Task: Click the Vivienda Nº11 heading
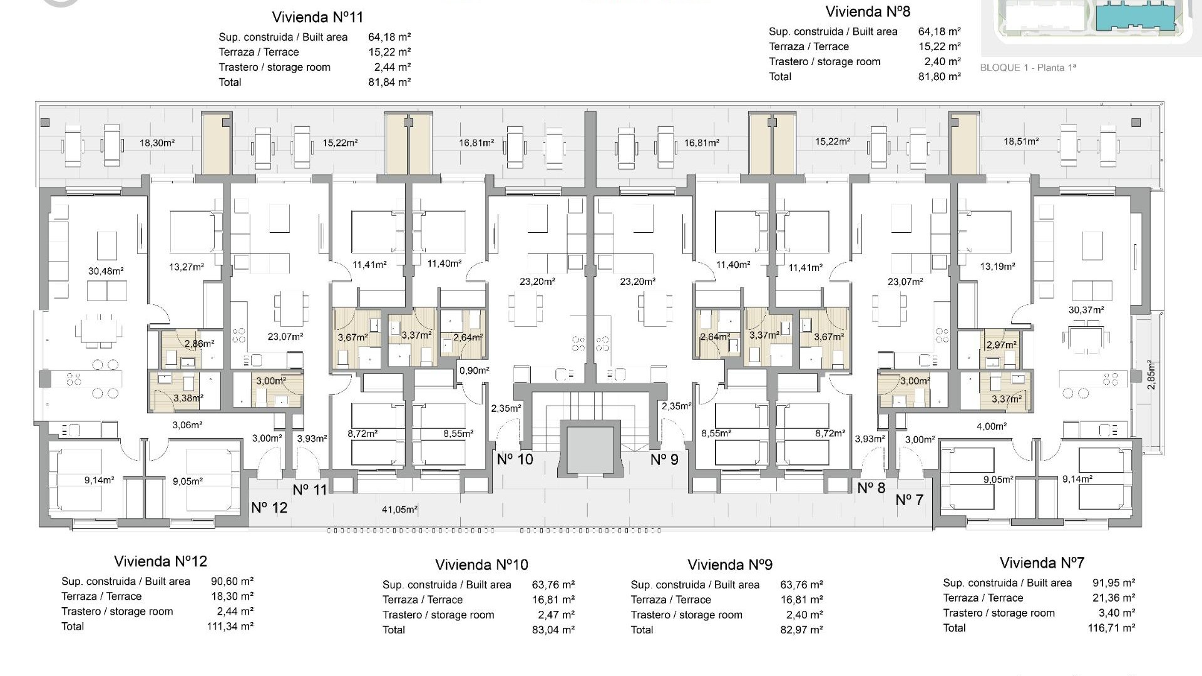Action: click(317, 17)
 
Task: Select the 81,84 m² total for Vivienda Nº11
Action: click(389, 82)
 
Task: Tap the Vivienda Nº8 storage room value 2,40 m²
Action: click(942, 61)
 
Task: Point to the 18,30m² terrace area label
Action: click(157, 143)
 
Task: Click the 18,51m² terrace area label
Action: click(1021, 141)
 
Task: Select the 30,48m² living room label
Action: click(106, 271)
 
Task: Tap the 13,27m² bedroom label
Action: click(187, 267)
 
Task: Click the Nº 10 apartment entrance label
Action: click(515, 459)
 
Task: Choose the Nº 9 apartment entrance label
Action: click(664, 459)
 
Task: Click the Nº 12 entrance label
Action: click(269, 508)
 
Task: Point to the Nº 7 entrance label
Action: click(910, 499)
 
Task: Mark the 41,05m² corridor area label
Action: click(399, 510)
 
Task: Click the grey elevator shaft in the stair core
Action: click(590, 450)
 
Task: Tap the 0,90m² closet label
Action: click(474, 371)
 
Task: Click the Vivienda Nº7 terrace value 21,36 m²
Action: click(1114, 598)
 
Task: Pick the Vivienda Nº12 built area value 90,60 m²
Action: click(232, 581)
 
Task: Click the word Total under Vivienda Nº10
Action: click(394, 630)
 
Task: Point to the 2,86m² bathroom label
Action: click(199, 344)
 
